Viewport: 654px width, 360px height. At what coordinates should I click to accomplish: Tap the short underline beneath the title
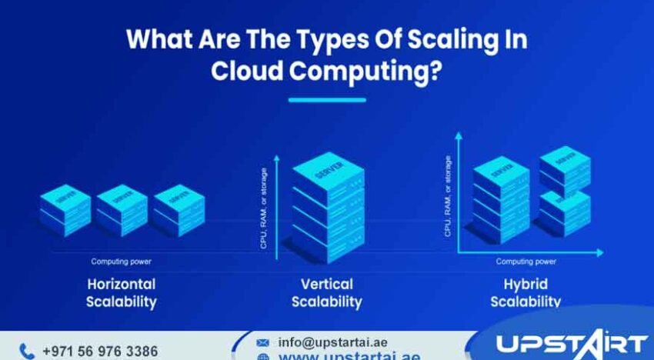tap(327, 99)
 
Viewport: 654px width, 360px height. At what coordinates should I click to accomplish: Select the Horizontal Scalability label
tap(122, 292)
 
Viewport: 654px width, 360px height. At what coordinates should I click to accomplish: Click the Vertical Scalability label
tap(326, 292)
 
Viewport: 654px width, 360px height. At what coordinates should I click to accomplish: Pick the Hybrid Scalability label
tap(526, 292)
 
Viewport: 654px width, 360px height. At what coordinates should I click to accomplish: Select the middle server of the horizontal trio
tap(122, 209)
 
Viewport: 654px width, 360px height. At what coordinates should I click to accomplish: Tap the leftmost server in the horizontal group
tap(65, 209)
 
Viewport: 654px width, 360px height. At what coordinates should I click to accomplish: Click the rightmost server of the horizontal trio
tap(179, 209)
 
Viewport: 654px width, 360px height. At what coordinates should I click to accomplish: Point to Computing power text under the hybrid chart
tap(526, 262)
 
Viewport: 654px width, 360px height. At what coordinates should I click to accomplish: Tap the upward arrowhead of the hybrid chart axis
tap(459, 136)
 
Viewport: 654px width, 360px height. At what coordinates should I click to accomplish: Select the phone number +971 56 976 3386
tap(100, 352)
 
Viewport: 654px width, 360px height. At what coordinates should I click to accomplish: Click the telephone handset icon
tap(27, 352)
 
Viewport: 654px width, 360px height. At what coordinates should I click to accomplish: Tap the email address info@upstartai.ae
tap(332, 342)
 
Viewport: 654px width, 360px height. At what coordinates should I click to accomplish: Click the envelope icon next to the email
tap(263, 342)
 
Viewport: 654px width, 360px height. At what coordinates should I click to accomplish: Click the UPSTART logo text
tap(570, 344)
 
